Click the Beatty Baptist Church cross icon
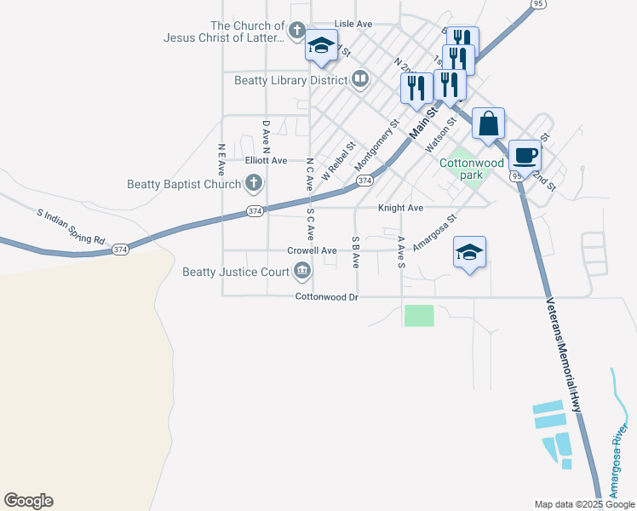(x=254, y=182)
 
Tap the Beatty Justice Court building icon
(x=302, y=272)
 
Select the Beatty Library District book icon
(x=360, y=80)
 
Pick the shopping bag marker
(x=488, y=123)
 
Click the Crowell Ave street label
(x=313, y=251)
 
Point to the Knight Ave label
(x=400, y=208)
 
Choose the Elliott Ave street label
(x=266, y=160)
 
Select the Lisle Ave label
(x=353, y=25)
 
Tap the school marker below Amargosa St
(x=469, y=252)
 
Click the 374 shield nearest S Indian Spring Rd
(x=120, y=249)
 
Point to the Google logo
(x=28, y=501)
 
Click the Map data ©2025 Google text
(x=583, y=504)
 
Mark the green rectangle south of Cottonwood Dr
(x=419, y=315)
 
